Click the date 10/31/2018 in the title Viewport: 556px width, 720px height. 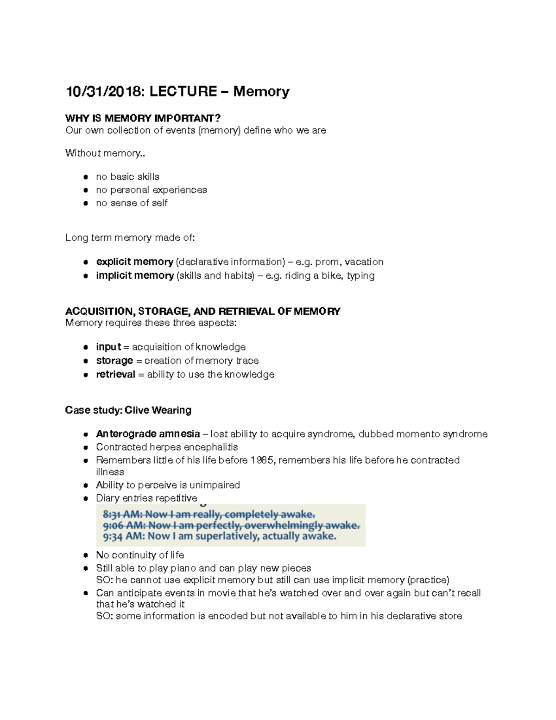click(x=104, y=91)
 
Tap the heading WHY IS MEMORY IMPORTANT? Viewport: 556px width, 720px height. click(x=143, y=118)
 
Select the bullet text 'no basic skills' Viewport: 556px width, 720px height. click(x=127, y=177)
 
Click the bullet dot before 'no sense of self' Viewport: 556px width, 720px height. click(x=86, y=203)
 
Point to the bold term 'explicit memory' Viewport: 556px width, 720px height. click(x=134, y=262)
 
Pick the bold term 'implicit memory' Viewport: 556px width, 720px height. click(x=134, y=275)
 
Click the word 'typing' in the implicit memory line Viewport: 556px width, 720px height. click(x=360, y=276)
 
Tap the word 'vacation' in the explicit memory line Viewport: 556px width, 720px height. click(x=364, y=262)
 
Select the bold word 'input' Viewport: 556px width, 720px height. click(x=108, y=347)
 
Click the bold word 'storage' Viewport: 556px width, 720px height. click(x=114, y=361)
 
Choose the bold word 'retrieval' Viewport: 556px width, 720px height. click(x=115, y=375)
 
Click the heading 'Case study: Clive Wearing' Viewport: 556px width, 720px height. click(x=128, y=410)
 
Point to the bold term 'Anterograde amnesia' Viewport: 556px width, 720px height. click(x=148, y=434)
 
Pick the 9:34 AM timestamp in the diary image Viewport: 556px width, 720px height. click(x=123, y=536)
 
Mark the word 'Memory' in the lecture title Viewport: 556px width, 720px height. click(x=261, y=91)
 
